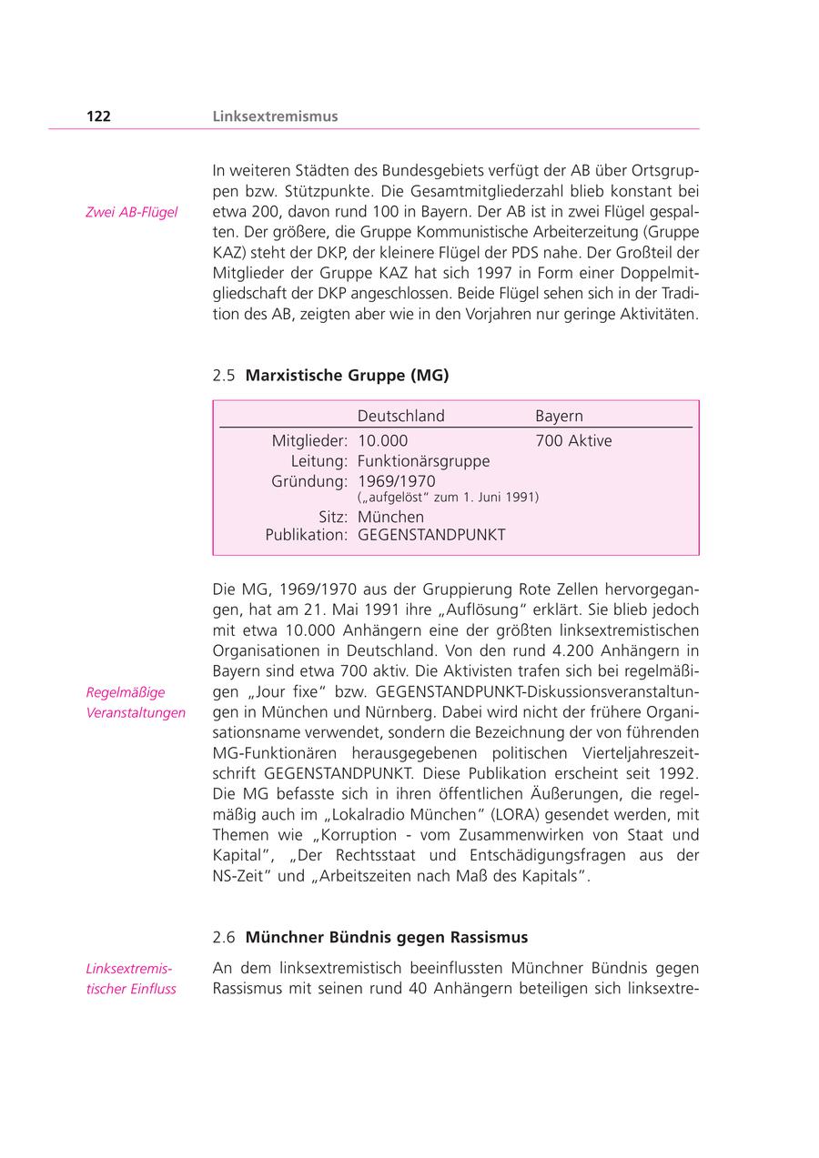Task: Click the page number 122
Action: point(98,116)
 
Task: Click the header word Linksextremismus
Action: point(275,116)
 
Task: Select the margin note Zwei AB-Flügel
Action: point(132,213)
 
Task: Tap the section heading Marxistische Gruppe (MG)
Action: point(347,375)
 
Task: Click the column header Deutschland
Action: point(400,416)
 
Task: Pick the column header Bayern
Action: point(559,416)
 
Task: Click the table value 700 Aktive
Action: point(573,441)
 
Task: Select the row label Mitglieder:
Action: point(309,441)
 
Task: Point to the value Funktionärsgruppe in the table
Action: point(423,461)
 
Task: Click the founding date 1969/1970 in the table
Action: point(396,481)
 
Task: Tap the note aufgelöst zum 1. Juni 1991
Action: point(448,498)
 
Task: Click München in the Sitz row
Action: point(390,517)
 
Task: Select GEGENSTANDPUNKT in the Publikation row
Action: point(431,536)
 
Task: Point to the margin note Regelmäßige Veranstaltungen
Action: point(135,702)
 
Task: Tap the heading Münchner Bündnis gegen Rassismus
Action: point(386,937)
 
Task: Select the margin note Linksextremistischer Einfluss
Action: point(130,979)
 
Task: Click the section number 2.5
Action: point(224,375)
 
